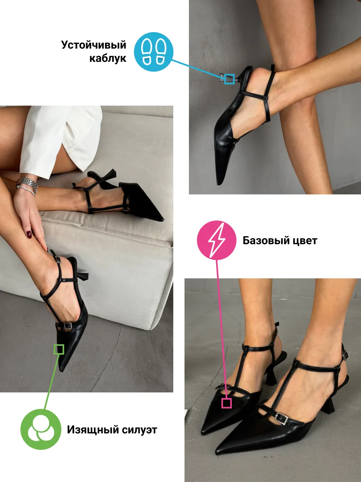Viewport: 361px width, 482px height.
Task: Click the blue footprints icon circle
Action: point(154,52)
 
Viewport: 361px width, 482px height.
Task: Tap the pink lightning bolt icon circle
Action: point(217,240)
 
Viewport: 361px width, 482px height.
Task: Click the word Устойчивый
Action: point(93,45)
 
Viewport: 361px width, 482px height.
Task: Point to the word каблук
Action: point(107,58)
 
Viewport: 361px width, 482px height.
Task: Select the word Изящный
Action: point(93,430)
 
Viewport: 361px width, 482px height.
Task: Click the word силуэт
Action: point(140,430)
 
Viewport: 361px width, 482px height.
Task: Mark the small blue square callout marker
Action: point(229,79)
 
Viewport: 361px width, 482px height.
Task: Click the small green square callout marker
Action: point(59,349)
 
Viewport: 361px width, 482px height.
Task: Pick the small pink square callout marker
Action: point(226,403)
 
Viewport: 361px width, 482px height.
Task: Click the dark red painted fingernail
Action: point(29,234)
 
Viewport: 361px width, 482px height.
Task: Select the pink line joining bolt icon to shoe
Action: point(221,329)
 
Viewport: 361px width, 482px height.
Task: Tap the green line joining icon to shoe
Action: point(51,382)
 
